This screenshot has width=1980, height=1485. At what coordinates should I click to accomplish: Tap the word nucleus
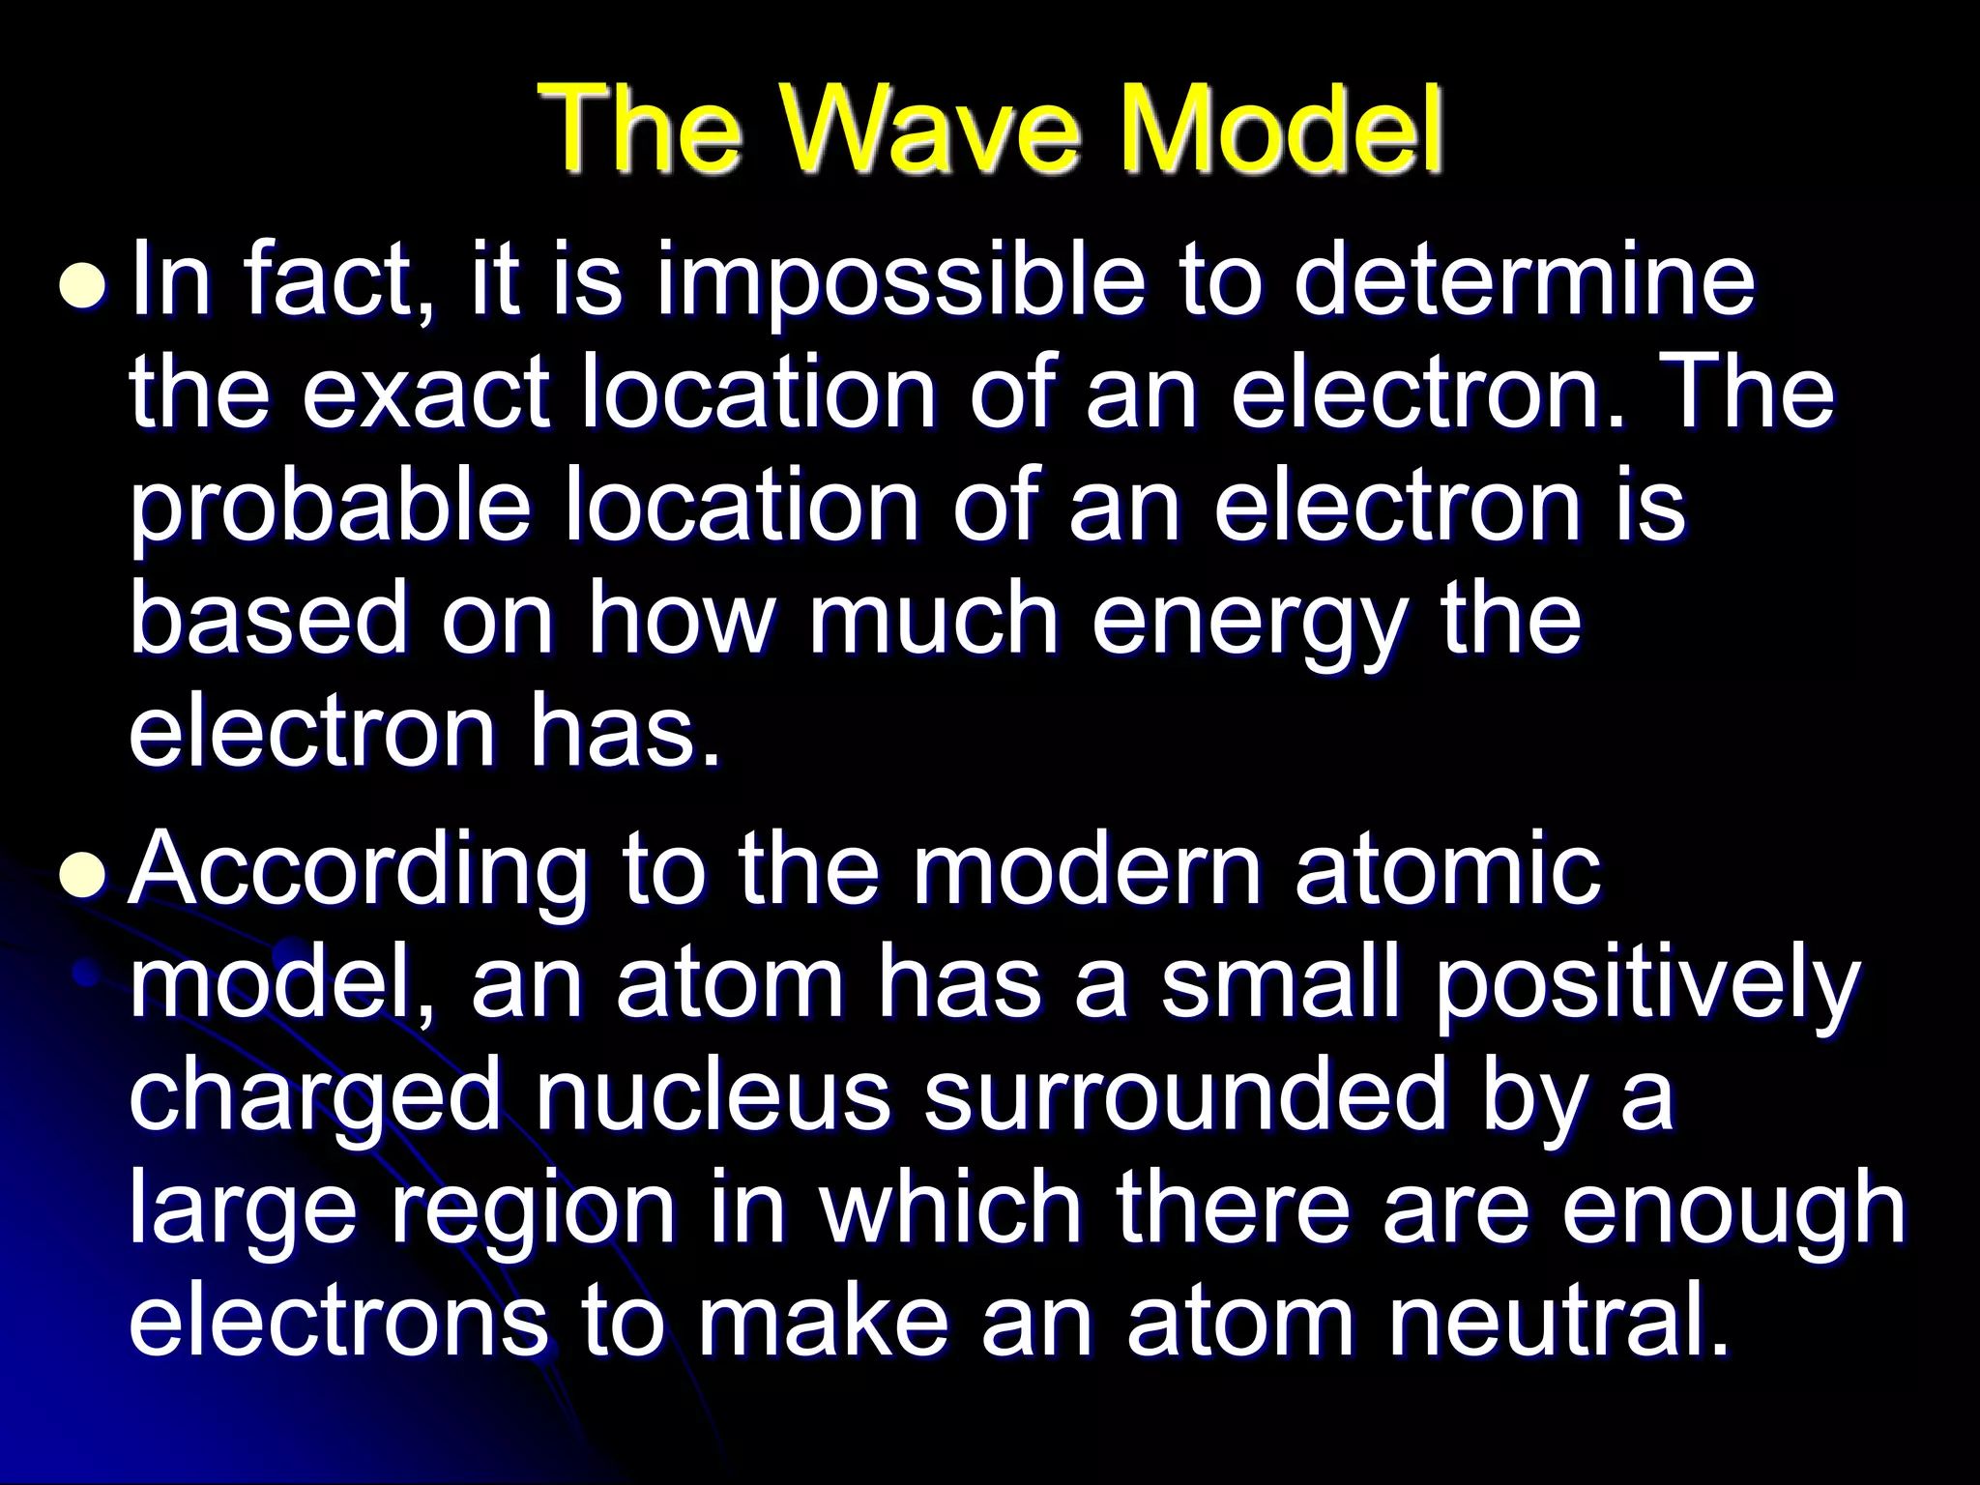pos(712,1096)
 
